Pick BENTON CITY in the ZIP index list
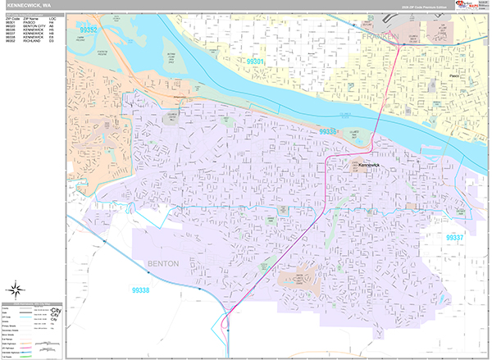[x=33, y=25]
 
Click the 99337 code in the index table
[x=11, y=34]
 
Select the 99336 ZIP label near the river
[x=328, y=131]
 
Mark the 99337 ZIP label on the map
[x=456, y=237]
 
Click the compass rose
[x=16, y=289]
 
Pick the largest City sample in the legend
[x=56, y=311]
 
